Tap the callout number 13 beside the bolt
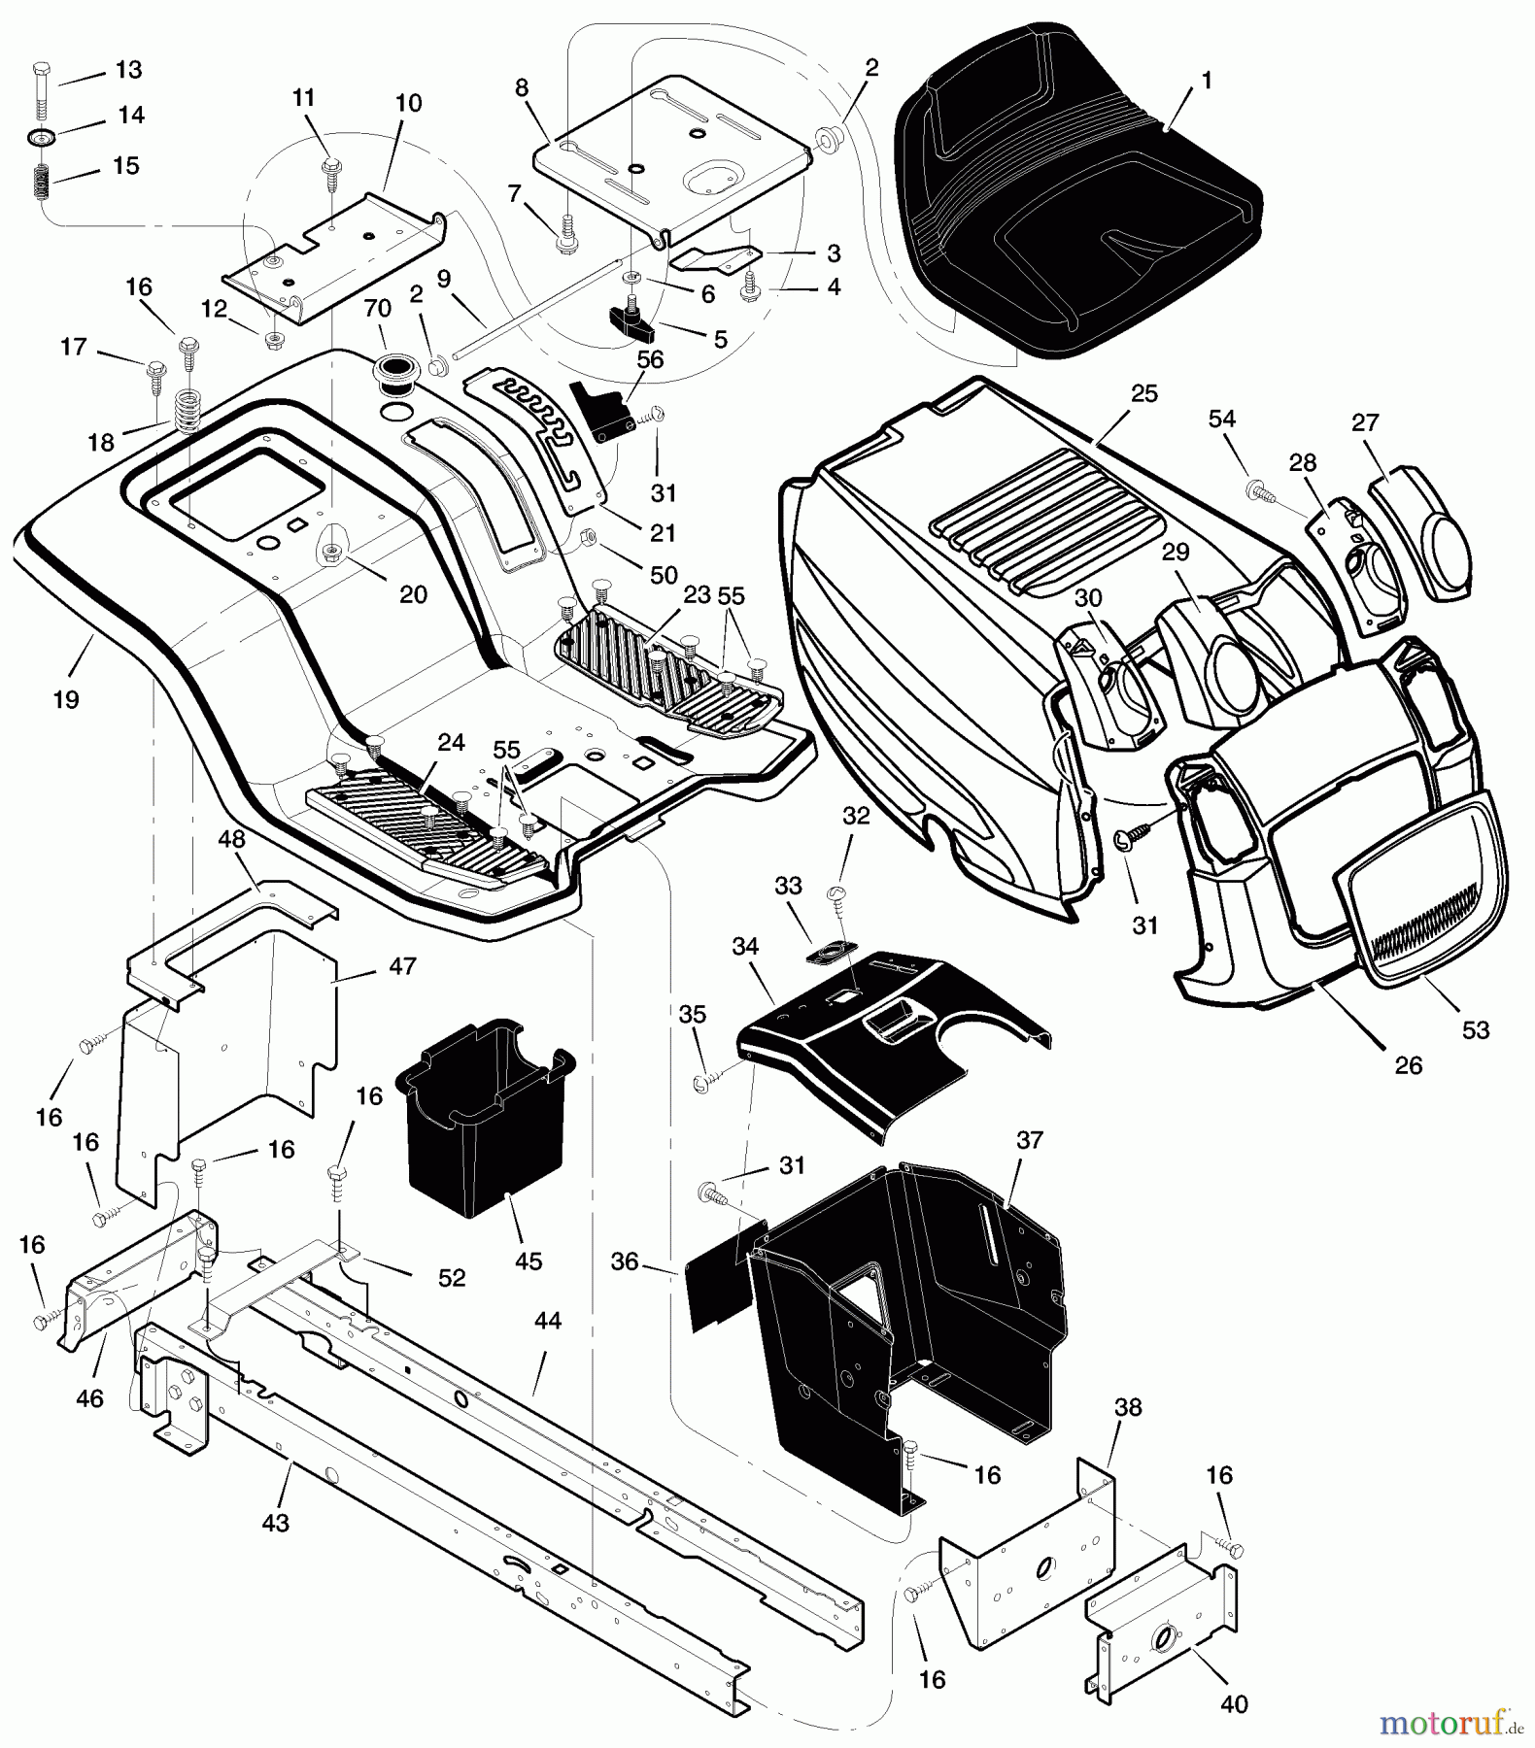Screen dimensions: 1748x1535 click(x=128, y=70)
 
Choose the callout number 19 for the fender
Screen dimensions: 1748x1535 click(x=66, y=699)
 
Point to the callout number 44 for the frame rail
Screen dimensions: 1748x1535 click(x=548, y=1322)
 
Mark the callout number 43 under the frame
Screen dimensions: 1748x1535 click(x=276, y=1523)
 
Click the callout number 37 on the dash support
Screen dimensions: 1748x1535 click(x=1029, y=1139)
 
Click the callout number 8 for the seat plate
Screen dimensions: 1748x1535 click(x=522, y=87)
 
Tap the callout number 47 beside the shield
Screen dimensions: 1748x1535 click(x=402, y=965)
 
